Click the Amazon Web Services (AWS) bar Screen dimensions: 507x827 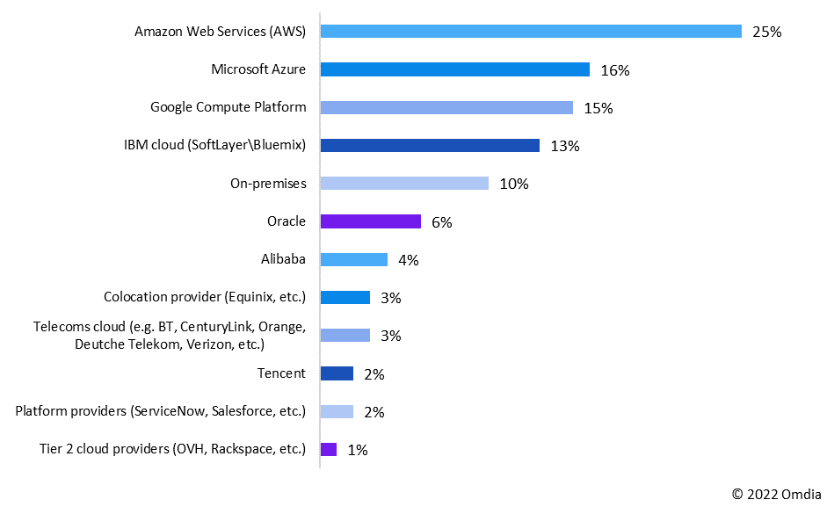pos(531,32)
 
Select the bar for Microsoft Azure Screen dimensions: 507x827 pos(454,69)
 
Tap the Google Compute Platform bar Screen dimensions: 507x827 pos(446,107)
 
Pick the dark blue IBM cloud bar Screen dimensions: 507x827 pos(430,146)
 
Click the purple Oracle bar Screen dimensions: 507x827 pos(371,221)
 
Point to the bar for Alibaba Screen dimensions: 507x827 pos(354,259)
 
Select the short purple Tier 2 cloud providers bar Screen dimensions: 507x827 pos(329,449)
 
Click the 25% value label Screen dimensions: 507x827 pos(766,33)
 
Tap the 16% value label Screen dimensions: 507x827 pos(614,70)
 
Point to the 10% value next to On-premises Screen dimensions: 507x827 pos(513,184)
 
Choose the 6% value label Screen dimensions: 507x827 pos(441,222)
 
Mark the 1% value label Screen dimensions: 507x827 pos(357,450)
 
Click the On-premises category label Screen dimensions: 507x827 pos(267,184)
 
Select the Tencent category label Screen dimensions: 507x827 pos(281,373)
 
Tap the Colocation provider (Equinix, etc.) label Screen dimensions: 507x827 pos(205,297)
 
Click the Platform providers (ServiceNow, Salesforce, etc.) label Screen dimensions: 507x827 pos(161,411)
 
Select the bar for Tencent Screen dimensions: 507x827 pos(337,373)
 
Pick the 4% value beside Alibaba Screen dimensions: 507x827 pos(408,260)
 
